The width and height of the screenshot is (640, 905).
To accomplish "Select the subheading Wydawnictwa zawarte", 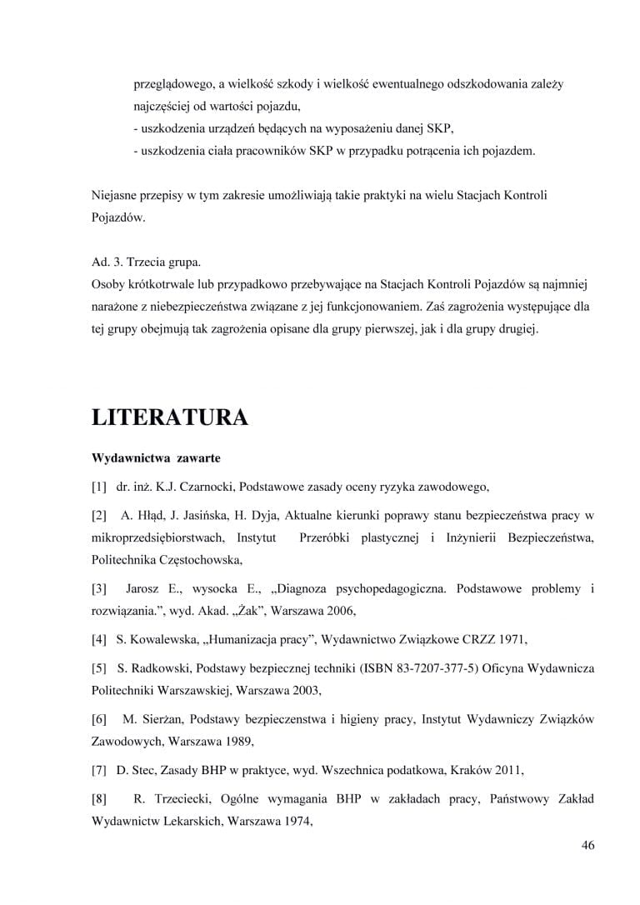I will pos(156,459).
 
